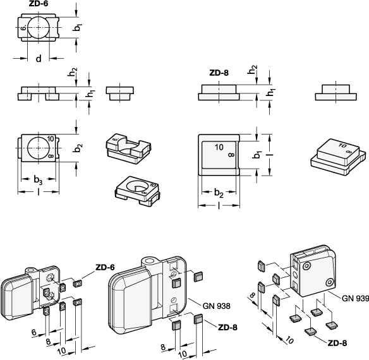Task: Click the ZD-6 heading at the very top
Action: (39, 4)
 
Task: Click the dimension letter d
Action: (39, 58)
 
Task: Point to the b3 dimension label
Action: (38, 179)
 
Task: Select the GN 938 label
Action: (216, 306)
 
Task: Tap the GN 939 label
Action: (355, 298)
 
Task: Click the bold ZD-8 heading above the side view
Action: (219, 73)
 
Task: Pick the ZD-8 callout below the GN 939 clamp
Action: (337, 344)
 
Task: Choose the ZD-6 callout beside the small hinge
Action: (105, 267)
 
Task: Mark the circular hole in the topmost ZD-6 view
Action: (39, 27)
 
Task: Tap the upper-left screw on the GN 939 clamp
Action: (306, 266)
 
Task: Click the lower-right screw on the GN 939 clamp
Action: (329, 282)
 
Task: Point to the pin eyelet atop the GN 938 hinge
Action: (148, 260)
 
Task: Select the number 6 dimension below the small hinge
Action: (34, 332)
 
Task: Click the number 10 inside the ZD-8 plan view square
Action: (219, 147)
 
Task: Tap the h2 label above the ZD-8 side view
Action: (252, 69)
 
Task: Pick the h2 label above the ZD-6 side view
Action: (73, 72)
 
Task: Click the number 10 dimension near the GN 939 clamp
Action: (289, 340)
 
